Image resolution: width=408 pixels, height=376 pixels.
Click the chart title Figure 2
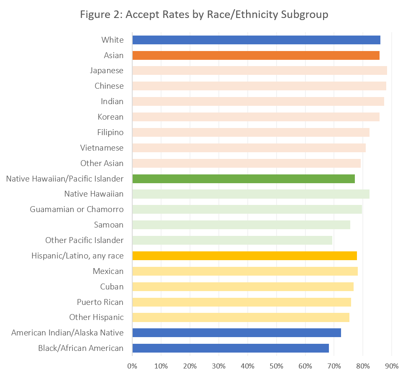pos(204,14)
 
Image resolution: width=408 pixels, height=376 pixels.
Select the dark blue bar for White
pos(256,40)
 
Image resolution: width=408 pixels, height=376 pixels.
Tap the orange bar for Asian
pos(256,55)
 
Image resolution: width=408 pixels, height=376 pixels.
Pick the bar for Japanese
pos(259,70)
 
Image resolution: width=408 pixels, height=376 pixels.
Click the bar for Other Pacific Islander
pos(232,240)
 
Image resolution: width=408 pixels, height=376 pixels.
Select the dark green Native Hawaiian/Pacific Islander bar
pos(244,179)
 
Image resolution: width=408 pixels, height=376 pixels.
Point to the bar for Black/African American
pos(231,348)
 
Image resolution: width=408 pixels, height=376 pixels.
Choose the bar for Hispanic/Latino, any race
pos(244,256)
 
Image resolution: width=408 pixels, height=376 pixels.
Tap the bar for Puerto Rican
pos(241,302)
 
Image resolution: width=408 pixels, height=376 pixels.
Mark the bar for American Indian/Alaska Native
pos(236,333)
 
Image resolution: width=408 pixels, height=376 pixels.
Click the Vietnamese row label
pos(102,148)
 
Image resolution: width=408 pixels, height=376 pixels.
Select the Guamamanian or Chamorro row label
pos(77,209)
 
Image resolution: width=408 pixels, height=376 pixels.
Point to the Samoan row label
pos(109,225)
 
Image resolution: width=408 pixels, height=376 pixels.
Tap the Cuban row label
pos(112,286)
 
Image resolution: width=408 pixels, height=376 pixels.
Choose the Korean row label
pos(111,117)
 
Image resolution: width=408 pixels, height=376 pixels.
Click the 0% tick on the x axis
pos(132,366)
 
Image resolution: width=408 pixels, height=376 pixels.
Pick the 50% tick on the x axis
pos(277,366)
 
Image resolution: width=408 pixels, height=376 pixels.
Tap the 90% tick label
pos(392,366)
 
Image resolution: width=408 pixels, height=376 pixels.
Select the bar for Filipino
pos(251,132)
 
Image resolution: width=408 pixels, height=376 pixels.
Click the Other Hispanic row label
pos(96,317)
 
